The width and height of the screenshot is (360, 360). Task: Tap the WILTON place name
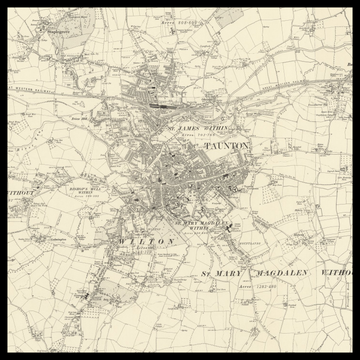click(146, 242)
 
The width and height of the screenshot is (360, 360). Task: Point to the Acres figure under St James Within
click(205, 136)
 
